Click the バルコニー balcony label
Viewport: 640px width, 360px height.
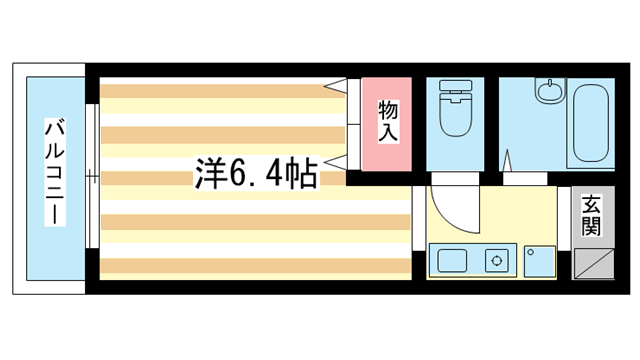(55, 171)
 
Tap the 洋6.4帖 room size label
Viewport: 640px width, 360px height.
(256, 173)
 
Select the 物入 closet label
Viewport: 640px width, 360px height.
(388, 121)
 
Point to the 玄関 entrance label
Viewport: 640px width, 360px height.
(591, 216)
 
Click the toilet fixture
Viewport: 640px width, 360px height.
(456, 108)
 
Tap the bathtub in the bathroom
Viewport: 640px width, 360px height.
(591, 123)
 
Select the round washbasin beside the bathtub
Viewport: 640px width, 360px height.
(549, 90)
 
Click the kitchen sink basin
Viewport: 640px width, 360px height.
(452, 260)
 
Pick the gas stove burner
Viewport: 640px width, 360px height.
(497, 260)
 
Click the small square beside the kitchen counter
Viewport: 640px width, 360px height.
(540, 262)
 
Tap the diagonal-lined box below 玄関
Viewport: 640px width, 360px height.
(594, 264)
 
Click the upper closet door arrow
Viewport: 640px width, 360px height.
(336, 86)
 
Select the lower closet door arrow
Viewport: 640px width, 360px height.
(336, 162)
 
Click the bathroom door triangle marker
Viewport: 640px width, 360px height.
(507, 160)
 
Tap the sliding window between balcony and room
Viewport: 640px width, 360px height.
(92, 176)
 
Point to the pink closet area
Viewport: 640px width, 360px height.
(387, 124)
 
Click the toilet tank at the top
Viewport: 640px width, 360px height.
(456, 85)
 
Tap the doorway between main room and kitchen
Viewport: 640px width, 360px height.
(419, 218)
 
